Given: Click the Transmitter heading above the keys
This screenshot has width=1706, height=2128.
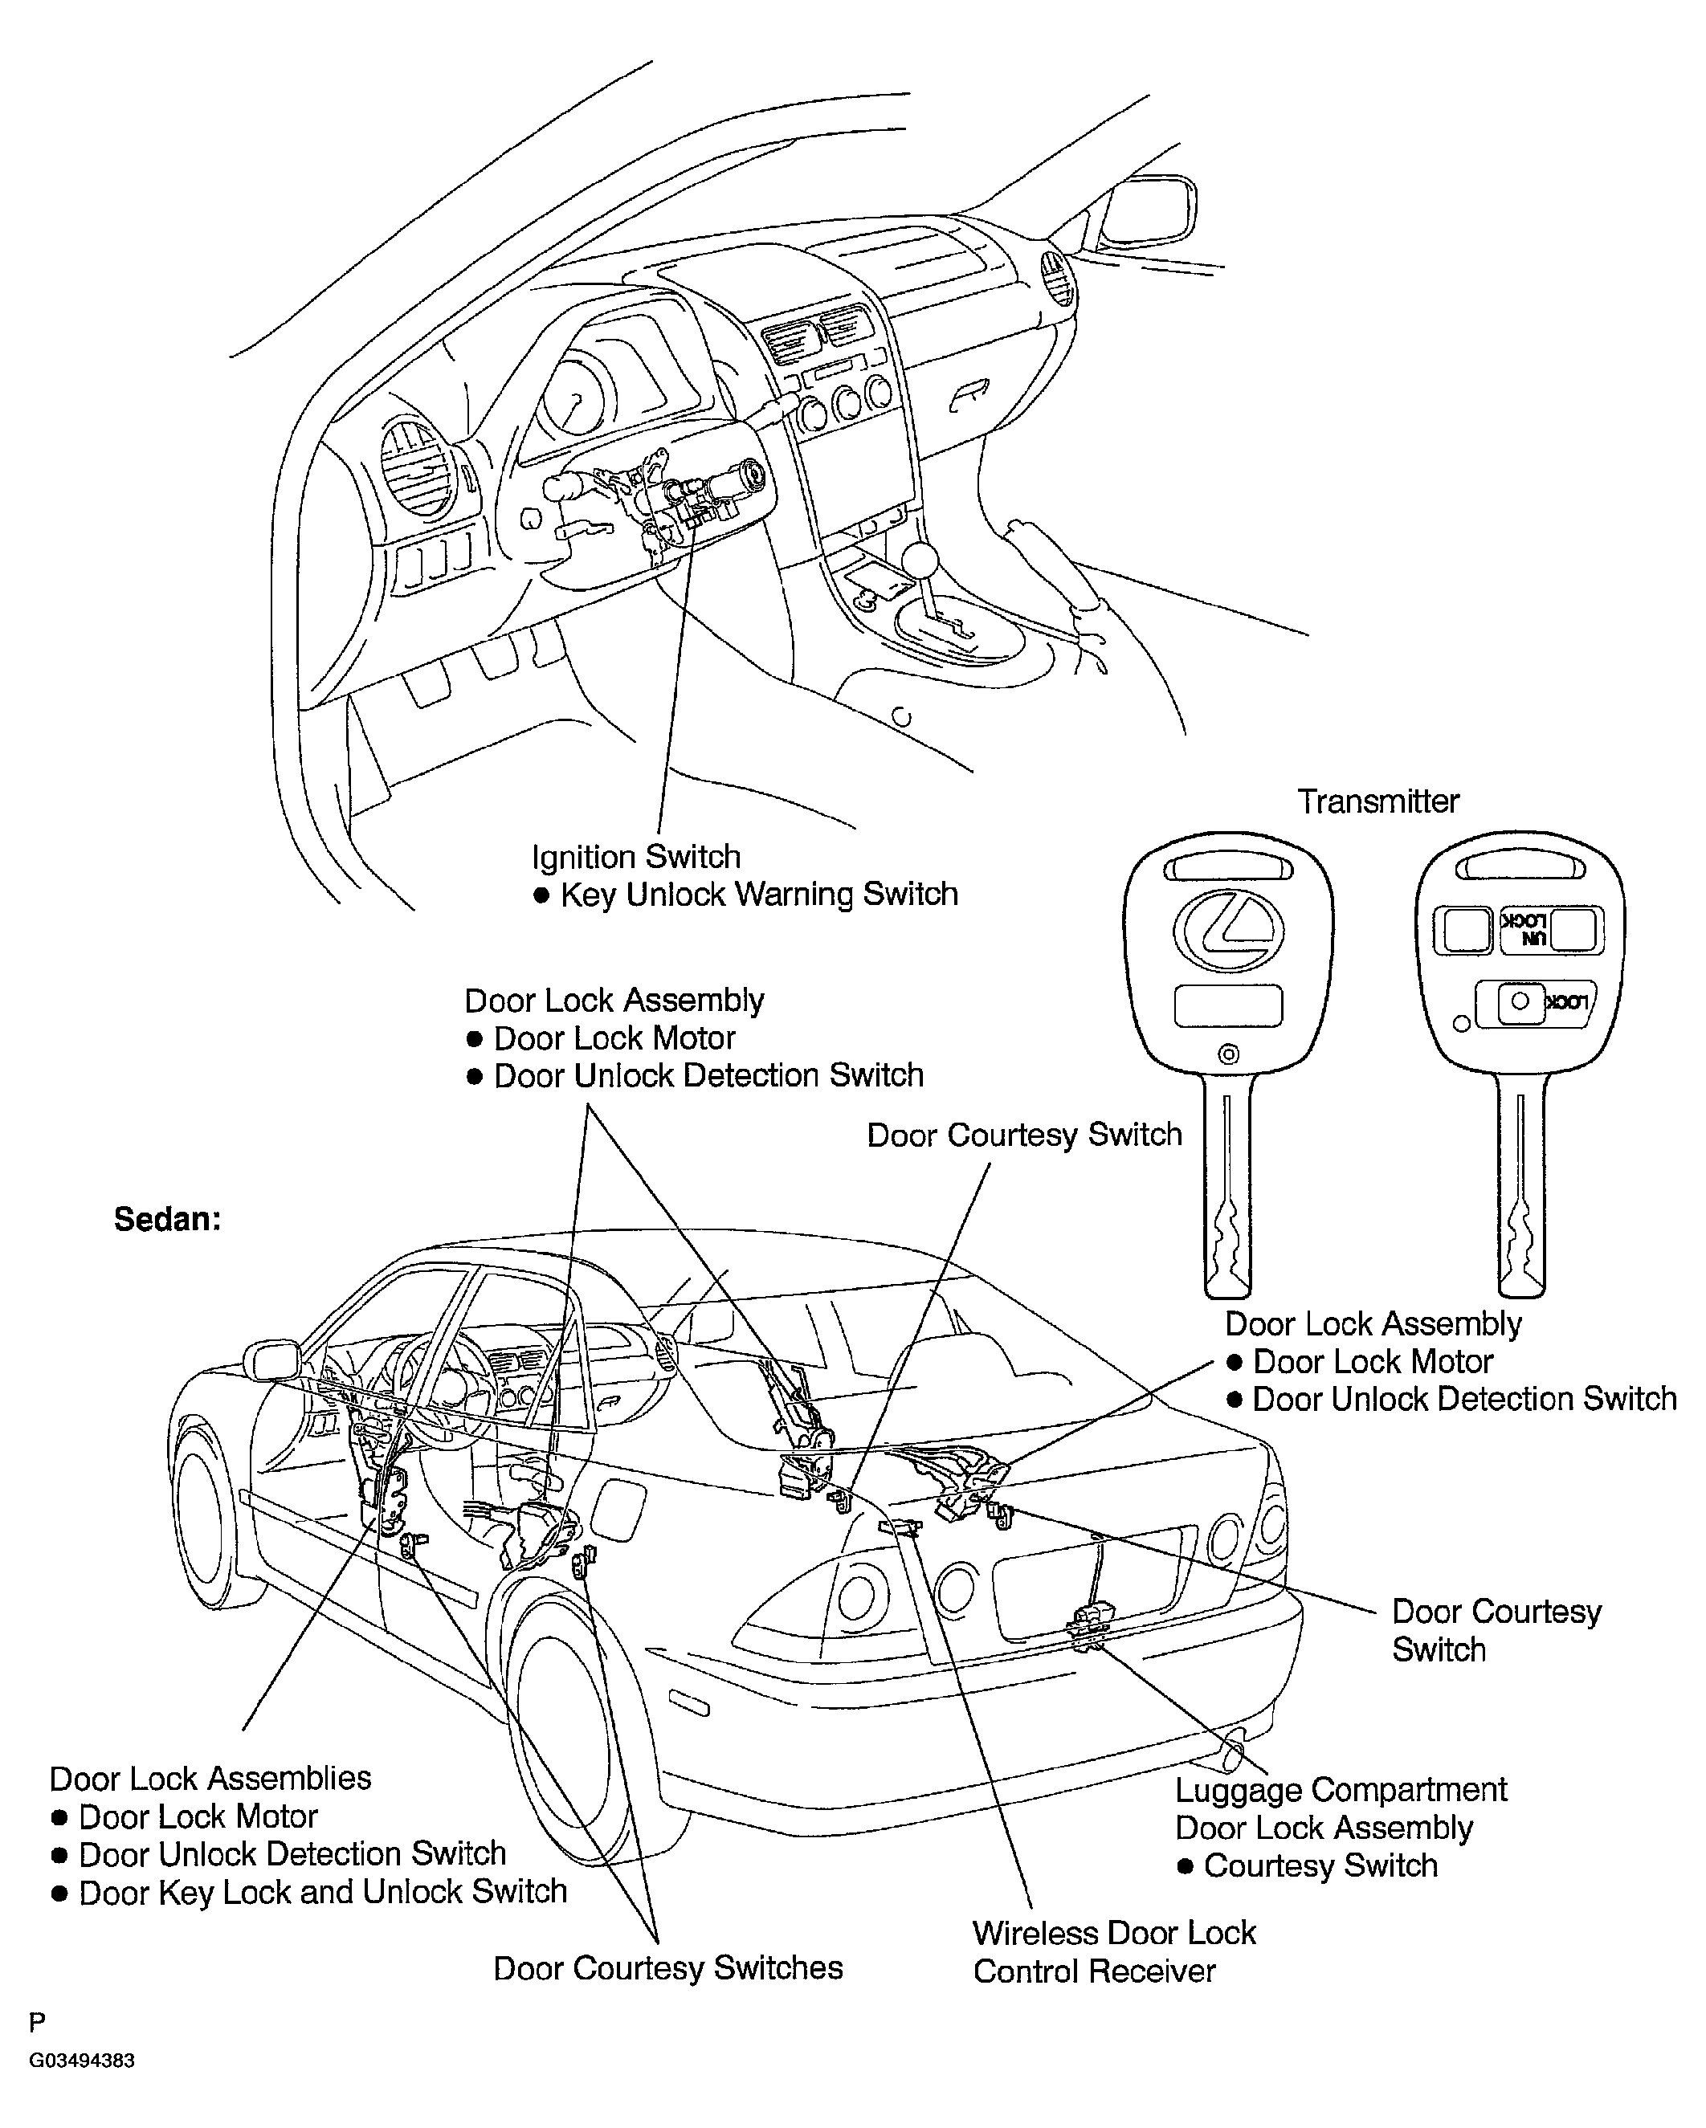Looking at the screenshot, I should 1377,801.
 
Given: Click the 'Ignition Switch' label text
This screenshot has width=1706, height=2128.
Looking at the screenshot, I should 636,857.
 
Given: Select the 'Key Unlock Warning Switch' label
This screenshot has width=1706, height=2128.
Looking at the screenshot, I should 758,895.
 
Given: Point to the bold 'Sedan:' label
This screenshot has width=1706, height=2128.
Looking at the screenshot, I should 167,1219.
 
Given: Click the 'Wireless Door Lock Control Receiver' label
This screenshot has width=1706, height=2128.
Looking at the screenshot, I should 1113,1951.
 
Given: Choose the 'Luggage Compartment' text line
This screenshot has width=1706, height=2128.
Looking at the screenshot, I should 1341,1789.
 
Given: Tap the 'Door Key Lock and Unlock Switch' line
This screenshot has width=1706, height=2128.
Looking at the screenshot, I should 323,1892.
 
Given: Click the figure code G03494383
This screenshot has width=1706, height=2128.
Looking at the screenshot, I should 82,2061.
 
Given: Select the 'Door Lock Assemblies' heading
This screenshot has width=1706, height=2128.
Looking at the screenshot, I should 210,1779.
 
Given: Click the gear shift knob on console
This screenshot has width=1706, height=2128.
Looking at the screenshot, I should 920,560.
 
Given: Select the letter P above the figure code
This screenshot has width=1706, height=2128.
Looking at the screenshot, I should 38,2024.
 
